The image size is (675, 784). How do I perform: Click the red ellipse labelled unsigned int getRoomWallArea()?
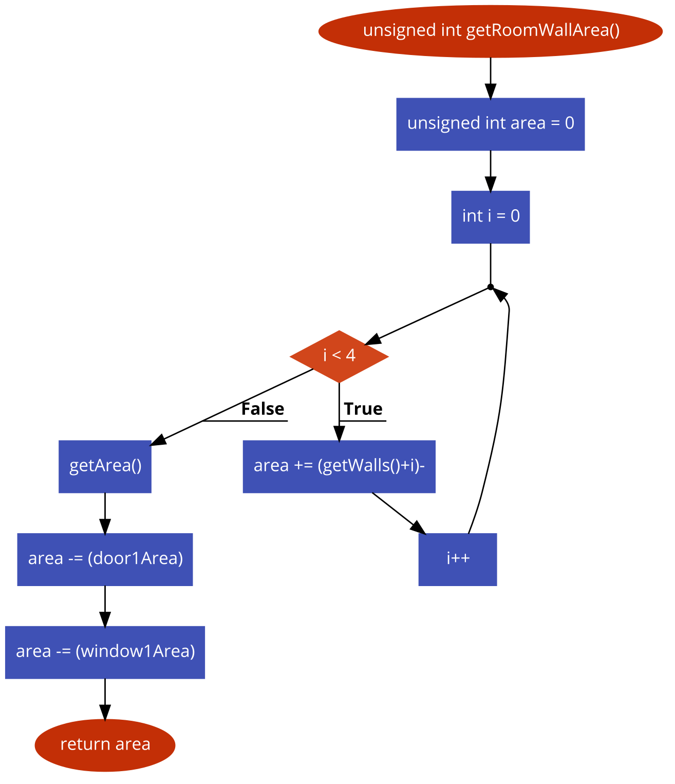(491, 31)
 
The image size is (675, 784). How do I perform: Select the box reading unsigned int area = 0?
(491, 124)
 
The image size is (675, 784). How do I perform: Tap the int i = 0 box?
(491, 217)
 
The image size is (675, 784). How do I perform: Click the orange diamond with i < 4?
(339, 356)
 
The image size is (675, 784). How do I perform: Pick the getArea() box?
(105, 467)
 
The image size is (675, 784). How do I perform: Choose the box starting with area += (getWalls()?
(339, 467)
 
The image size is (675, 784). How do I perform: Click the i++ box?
(458, 559)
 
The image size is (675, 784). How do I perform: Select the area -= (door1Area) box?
(105, 559)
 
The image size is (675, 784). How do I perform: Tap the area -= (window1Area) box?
(105, 652)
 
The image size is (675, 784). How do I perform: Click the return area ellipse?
(105, 745)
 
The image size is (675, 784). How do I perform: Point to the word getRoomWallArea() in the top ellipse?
(543, 30)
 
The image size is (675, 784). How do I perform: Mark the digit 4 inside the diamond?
(351, 355)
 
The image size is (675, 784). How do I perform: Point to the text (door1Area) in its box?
(136, 558)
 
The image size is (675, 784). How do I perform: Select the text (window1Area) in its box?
(136, 651)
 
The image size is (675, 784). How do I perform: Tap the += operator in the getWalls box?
(303, 466)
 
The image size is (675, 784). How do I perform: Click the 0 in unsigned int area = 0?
(570, 123)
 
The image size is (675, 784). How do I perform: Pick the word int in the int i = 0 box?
(473, 216)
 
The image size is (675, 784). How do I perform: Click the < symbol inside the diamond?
(336, 355)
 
